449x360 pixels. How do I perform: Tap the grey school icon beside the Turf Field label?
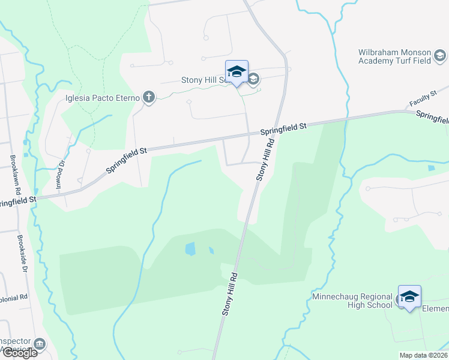click(440, 56)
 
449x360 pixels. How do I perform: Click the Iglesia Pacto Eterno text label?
click(103, 98)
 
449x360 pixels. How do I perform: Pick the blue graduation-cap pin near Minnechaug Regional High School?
click(409, 297)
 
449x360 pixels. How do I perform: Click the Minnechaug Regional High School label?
click(352, 301)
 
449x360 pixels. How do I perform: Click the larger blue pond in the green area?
click(190, 248)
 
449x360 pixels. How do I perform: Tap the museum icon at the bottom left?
click(40, 344)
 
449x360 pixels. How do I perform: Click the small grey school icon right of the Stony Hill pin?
click(253, 79)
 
